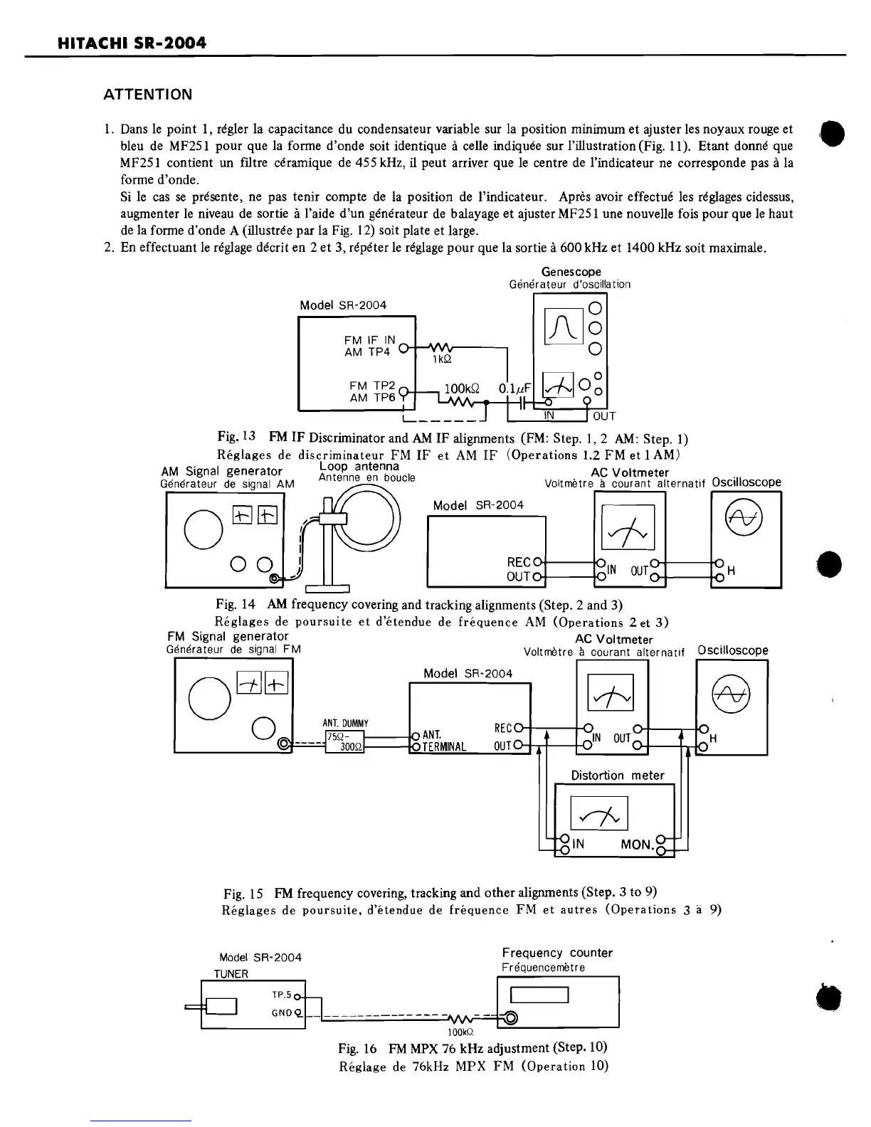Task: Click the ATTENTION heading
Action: click(x=147, y=95)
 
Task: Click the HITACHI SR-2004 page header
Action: click(x=132, y=43)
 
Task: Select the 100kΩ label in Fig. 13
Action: click(x=460, y=388)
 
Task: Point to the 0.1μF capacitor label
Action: click(x=510, y=388)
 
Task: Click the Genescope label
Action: click(x=571, y=272)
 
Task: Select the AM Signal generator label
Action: click(x=221, y=471)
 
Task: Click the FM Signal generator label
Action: click(x=228, y=636)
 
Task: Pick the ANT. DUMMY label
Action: click(x=345, y=724)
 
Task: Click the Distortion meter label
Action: click(x=617, y=775)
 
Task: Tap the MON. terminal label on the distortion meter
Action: click(x=637, y=845)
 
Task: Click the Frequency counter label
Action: click(x=556, y=953)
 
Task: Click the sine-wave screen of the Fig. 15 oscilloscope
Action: click(x=732, y=693)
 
